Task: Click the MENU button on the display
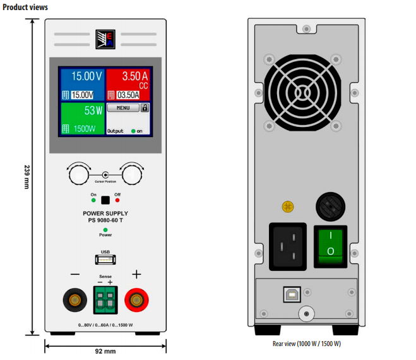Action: tap(123, 108)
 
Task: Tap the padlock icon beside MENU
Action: tap(145, 108)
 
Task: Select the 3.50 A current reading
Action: tap(135, 76)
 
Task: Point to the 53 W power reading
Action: tap(93, 111)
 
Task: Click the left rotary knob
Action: tap(79, 175)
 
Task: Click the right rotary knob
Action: tap(132, 175)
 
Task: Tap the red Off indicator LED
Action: tap(117, 200)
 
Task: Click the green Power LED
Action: tap(105, 230)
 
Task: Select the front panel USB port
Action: tap(105, 260)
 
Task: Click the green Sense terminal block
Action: tap(105, 300)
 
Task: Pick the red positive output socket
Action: tap(136, 300)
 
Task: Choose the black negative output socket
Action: tap(75, 300)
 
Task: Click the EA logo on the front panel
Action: tap(105, 39)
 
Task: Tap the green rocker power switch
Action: tap(331, 246)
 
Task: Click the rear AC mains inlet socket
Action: tap(288, 247)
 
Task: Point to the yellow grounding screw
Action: tap(288, 207)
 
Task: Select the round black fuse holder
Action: tap(331, 207)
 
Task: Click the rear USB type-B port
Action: tap(292, 294)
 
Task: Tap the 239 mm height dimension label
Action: tap(27, 177)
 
